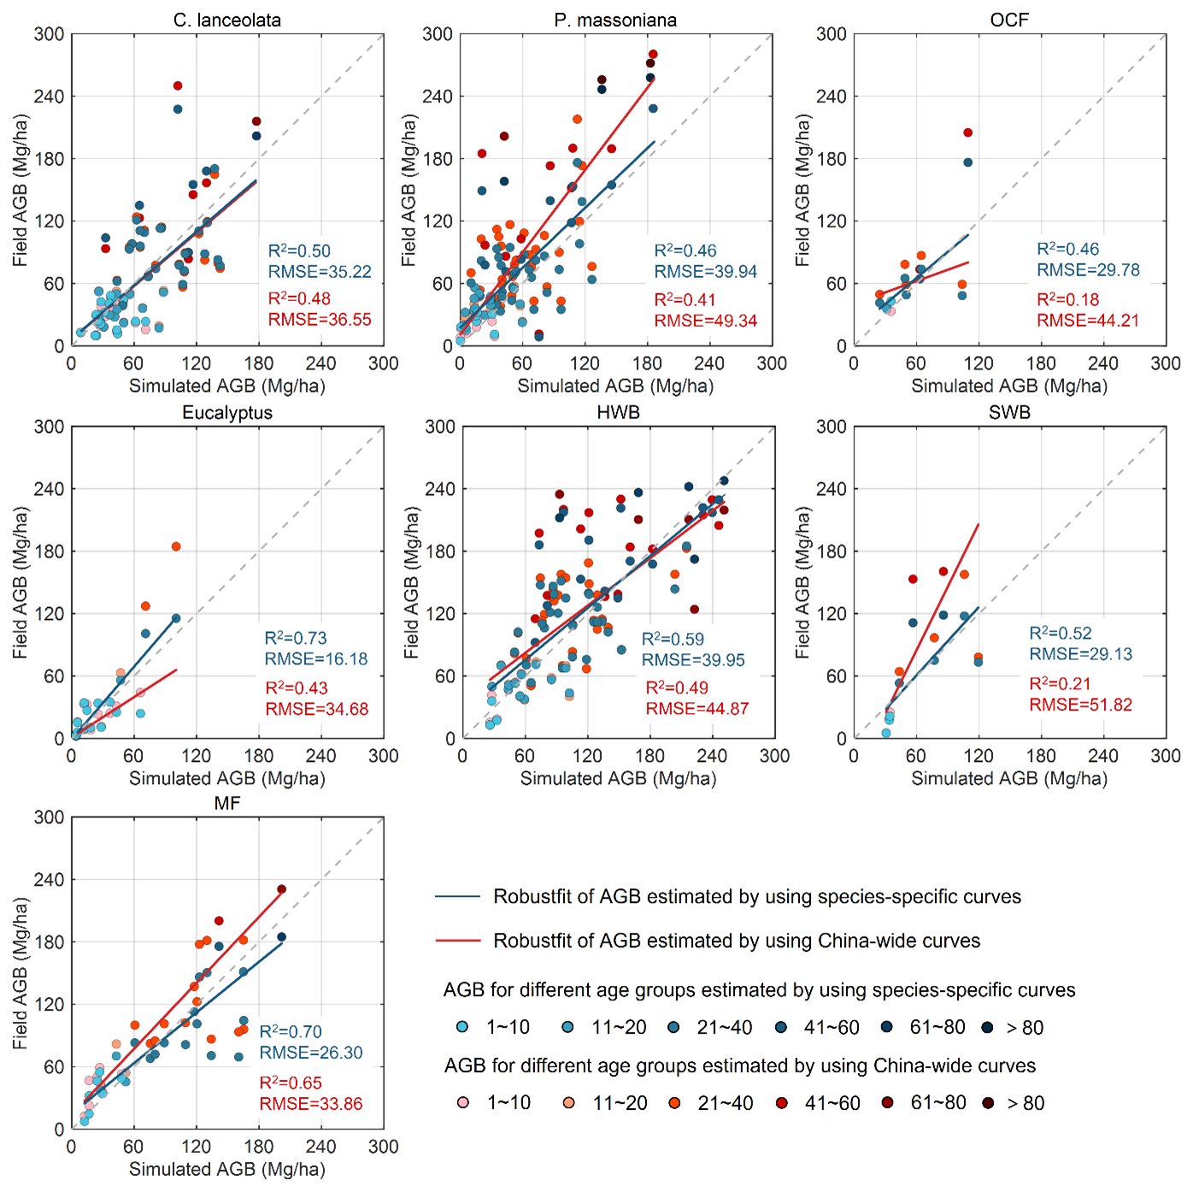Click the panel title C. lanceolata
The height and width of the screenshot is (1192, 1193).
pos(226,20)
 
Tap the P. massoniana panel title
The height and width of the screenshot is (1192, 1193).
pos(615,20)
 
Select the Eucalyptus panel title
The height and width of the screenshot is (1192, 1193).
pos(227,412)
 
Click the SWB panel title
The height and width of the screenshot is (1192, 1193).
pos(1009,412)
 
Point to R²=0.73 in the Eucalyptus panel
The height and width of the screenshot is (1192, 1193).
pos(296,638)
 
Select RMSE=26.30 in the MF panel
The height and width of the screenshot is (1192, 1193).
pos(311,1053)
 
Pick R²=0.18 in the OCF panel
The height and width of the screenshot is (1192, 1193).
pos(1067,299)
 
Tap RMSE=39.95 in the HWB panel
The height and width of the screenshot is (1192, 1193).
pos(693,660)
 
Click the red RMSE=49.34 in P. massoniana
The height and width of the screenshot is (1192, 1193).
pos(706,321)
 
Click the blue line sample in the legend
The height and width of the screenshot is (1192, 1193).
pos(458,896)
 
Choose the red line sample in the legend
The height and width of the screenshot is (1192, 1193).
pos(458,941)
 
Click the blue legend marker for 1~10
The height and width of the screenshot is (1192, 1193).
pos(462,1027)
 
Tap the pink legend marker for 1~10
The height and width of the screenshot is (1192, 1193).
pos(463,1103)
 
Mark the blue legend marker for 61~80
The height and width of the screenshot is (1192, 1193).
pos(887,1027)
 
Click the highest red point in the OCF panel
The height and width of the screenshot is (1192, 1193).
pos(967,133)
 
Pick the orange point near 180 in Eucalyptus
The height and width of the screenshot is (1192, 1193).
pos(176,546)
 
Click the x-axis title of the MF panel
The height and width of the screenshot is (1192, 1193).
pos(227,1169)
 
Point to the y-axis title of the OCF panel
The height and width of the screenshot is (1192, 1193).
pos(802,191)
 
